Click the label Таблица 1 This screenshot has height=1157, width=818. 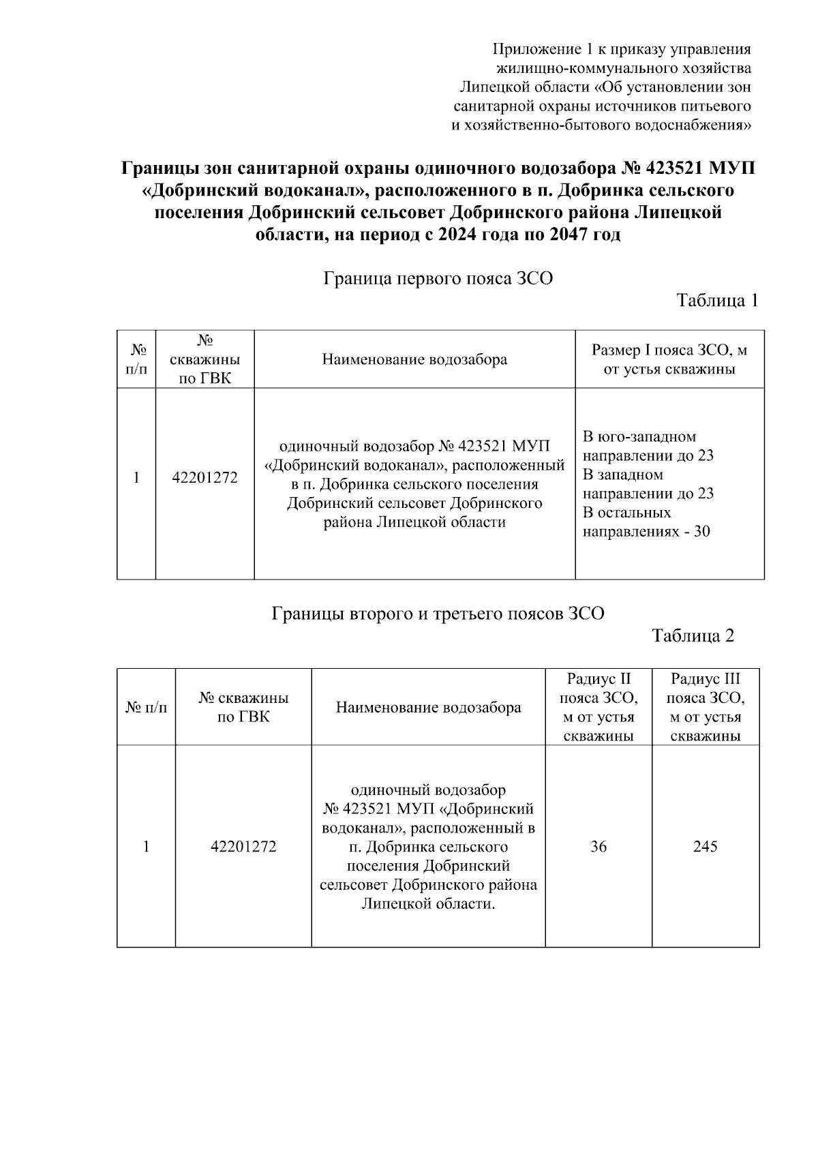[x=716, y=301]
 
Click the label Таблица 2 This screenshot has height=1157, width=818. [x=693, y=635]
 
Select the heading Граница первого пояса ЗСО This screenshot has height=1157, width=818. [x=438, y=279]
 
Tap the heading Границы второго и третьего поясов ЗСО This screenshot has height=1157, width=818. [x=438, y=614]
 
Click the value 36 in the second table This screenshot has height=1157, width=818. [x=598, y=846]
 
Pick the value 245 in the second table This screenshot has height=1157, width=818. [x=705, y=846]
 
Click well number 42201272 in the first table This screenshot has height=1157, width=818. [x=204, y=478]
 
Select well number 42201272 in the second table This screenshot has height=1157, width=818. [x=243, y=846]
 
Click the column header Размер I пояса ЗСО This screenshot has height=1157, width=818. [x=669, y=360]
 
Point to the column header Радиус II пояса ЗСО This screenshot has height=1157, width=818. [x=599, y=707]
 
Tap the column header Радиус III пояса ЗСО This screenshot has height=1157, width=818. [x=705, y=707]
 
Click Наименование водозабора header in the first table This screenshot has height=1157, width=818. [x=414, y=359]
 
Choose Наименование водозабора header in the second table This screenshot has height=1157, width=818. [x=428, y=707]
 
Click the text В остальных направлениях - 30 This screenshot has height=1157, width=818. [x=646, y=522]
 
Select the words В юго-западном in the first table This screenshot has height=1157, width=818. [x=639, y=436]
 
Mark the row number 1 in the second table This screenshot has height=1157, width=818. [x=145, y=846]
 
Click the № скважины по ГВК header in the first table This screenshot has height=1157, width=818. [x=204, y=359]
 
